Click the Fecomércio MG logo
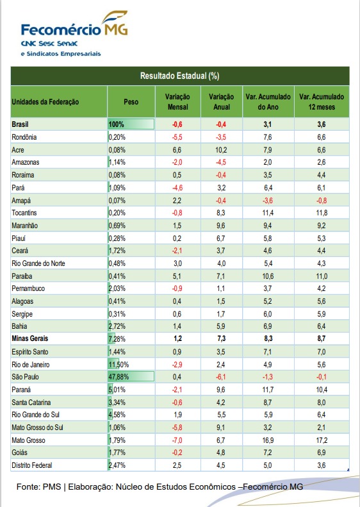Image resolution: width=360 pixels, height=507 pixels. click(74, 33)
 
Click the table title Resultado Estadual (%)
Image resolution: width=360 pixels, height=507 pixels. click(179, 76)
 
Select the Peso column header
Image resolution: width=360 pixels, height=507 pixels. click(131, 102)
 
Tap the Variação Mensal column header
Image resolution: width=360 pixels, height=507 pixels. click(177, 102)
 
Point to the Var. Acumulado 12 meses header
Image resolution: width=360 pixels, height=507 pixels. click(322, 102)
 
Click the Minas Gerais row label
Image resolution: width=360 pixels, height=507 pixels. click(29, 338)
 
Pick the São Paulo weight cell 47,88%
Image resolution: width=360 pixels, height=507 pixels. click(119, 377)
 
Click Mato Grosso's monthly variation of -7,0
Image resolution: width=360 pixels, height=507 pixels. click(177, 440)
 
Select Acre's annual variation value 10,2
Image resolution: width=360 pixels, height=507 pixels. click(221, 150)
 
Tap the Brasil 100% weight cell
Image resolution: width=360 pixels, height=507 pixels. click(117, 124)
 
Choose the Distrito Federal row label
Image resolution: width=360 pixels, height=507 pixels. click(31, 465)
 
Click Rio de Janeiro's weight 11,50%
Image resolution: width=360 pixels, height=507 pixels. click(119, 365)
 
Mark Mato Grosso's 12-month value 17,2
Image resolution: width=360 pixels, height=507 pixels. click(322, 440)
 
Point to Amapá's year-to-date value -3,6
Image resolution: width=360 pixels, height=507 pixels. click(268, 201)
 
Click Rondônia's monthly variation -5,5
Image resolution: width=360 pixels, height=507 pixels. click(177, 137)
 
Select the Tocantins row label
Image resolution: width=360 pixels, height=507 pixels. click(24, 213)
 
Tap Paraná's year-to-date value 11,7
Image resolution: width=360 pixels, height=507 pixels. click(268, 390)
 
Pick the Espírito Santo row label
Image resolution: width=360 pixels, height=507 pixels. click(29, 352)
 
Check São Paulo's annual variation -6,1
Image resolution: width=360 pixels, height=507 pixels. click(221, 377)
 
